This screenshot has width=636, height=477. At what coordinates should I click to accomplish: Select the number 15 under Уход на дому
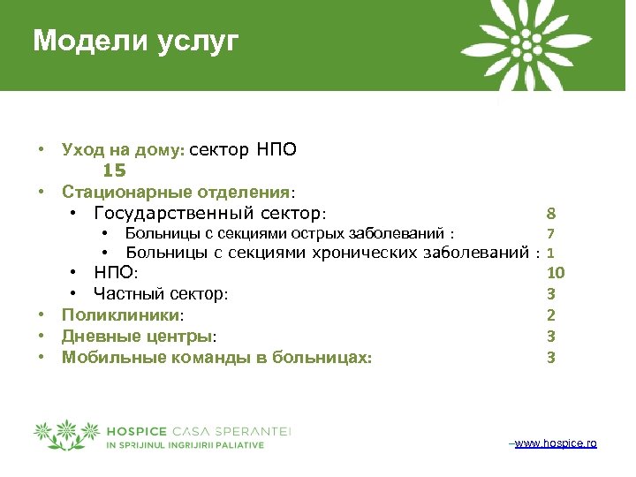coord(115,170)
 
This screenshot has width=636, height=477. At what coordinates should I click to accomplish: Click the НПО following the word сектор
coord(276,149)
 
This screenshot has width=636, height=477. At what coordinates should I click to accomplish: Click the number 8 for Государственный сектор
coord(550,214)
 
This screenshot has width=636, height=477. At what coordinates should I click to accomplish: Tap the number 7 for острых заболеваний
coord(550,234)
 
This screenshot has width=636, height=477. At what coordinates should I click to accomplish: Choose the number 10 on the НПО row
coord(556,273)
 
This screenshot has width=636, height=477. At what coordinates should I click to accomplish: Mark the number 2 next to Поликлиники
coord(550,315)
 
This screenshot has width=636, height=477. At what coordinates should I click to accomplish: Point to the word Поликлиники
coord(119,315)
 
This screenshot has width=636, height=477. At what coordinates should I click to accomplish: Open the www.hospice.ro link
coord(555,443)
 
